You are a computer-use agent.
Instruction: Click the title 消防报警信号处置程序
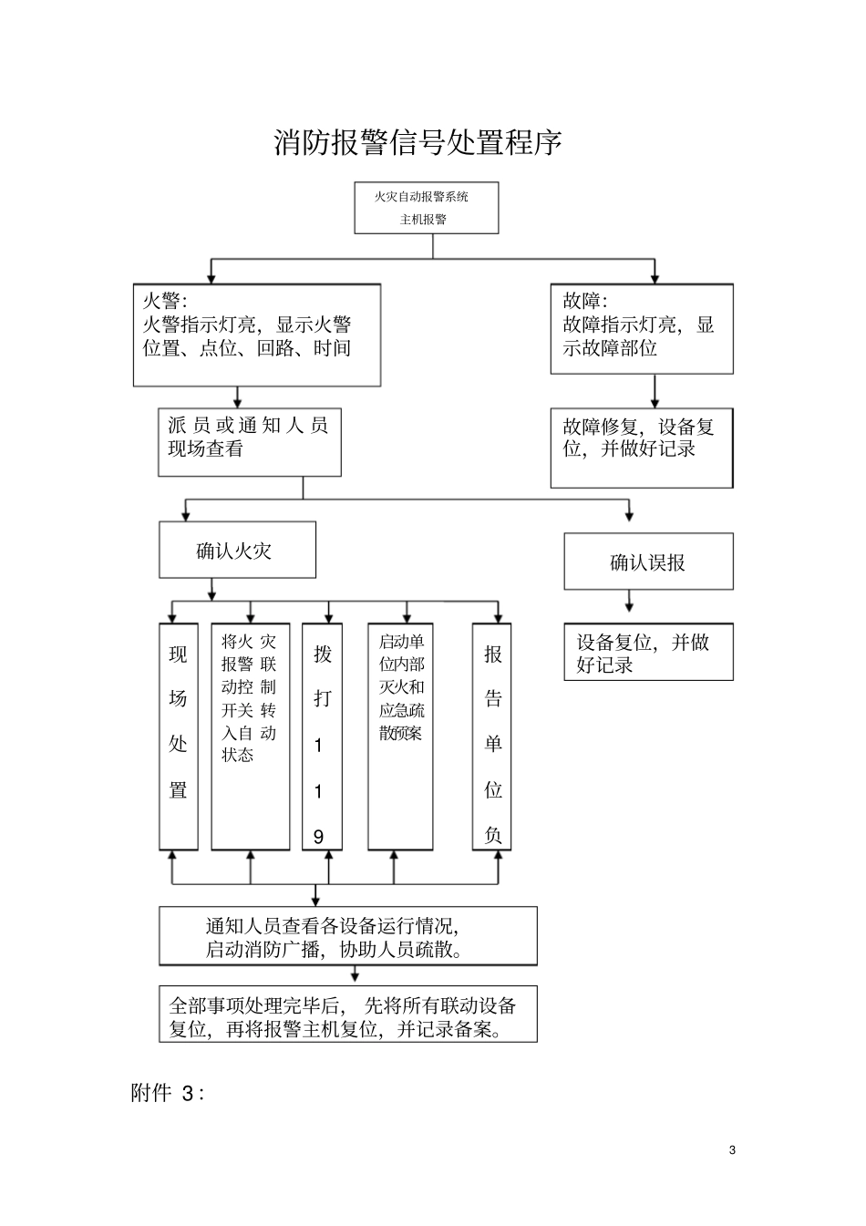(x=418, y=143)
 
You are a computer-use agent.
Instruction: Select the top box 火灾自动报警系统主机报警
(x=427, y=208)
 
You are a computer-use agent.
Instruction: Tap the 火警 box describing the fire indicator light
(x=257, y=335)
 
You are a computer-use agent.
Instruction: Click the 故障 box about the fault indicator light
(x=641, y=328)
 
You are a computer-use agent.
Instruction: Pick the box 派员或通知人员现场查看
(x=249, y=442)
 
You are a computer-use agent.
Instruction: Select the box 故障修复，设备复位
(x=641, y=448)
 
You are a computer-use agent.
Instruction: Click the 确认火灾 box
(x=237, y=550)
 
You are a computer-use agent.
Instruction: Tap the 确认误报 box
(x=647, y=562)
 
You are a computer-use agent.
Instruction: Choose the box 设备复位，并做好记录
(x=647, y=652)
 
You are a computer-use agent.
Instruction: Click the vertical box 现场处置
(x=179, y=737)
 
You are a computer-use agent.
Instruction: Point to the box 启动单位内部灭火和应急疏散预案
(x=400, y=737)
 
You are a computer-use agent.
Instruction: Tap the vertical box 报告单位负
(x=491, y=737)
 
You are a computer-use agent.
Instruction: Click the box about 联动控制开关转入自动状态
(x=250, y=737)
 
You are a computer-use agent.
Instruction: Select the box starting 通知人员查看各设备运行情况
(x=347, y=936)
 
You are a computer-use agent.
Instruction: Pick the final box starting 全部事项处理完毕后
(x=347, y=1014)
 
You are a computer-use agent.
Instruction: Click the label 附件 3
(x=168, y=1094)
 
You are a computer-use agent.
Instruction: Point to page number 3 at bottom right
(x=732, y=1149)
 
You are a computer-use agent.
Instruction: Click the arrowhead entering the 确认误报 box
(x=629, y=516)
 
